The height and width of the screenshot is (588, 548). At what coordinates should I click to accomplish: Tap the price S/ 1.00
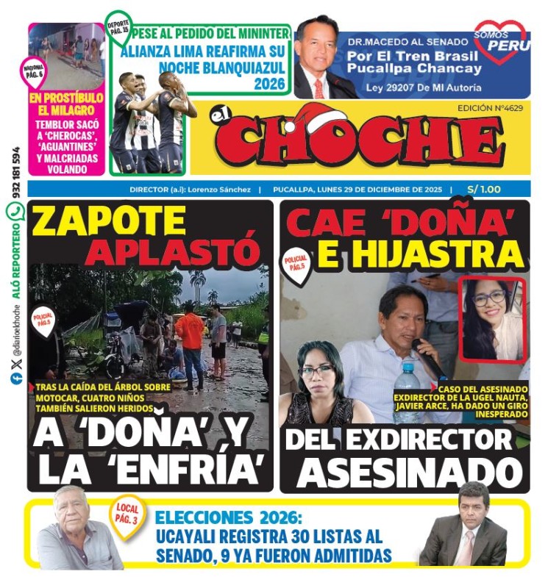485,190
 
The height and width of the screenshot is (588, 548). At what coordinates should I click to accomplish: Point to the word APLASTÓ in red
172,252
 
